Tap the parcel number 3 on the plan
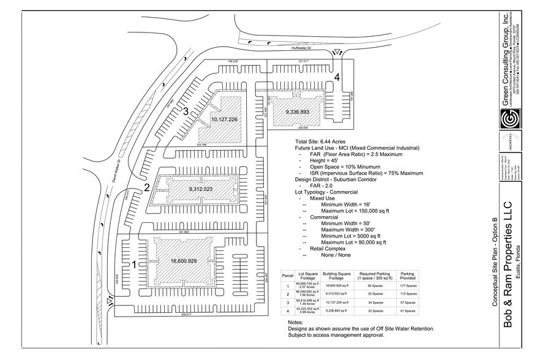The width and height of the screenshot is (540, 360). (x=186, y=111)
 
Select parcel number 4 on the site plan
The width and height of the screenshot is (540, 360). (x=337, y=77)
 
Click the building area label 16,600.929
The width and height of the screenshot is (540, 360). (x=184, y=261)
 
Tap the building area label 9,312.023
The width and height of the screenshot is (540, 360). (x=201, y=189)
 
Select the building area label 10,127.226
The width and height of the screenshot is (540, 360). (x=223, y=119)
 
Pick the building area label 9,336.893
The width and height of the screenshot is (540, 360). (x=299, y=112)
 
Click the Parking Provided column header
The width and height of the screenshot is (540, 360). (x=407, y=276)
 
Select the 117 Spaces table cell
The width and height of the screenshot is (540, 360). (x=407, y=285)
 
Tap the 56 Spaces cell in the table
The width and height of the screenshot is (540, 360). (x=373, y=285)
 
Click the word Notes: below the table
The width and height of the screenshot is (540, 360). (x=295, y=322)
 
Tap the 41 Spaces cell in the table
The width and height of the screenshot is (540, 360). (x=407, y=312)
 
